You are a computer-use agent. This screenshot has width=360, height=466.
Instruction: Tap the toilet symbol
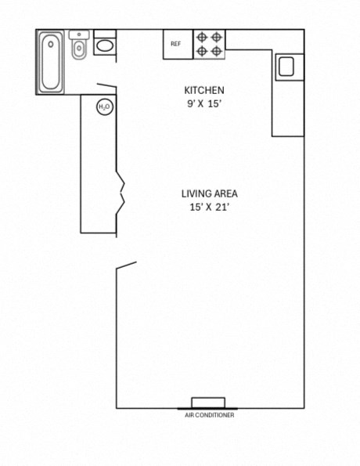(x=78, y=49)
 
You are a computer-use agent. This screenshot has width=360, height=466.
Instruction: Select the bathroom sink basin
(x=105, y=45)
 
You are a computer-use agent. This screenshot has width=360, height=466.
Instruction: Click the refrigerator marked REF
(x=177, y=45)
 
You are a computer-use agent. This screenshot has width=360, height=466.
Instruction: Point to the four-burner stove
(x=209, y=44)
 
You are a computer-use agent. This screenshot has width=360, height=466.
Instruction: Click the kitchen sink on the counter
(x=286, y=67)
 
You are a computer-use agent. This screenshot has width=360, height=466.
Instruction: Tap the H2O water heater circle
(x=103, y=107)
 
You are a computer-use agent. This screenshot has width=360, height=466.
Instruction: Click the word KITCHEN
(x=204, y=90)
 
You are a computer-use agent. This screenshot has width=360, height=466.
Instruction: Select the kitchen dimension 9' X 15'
(x=204, y=103)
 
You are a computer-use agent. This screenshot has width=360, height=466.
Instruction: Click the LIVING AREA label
(x=209, y=194)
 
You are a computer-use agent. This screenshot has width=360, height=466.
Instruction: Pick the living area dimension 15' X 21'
(x=209, y=208)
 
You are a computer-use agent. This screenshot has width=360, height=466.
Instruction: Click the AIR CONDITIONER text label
(x=208, y=415)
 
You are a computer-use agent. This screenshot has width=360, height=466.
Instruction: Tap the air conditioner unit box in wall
(x=208, y=403)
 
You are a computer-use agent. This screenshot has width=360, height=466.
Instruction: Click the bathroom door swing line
(x=107, y=86)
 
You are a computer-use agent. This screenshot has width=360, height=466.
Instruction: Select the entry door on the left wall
(x=127, y=267)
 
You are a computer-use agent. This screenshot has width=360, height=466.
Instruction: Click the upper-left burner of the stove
(x=202, y=37)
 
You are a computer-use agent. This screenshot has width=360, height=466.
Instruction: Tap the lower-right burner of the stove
(x=217, y=51)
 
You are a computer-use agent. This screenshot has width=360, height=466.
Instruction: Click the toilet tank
(x=78, y=35)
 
